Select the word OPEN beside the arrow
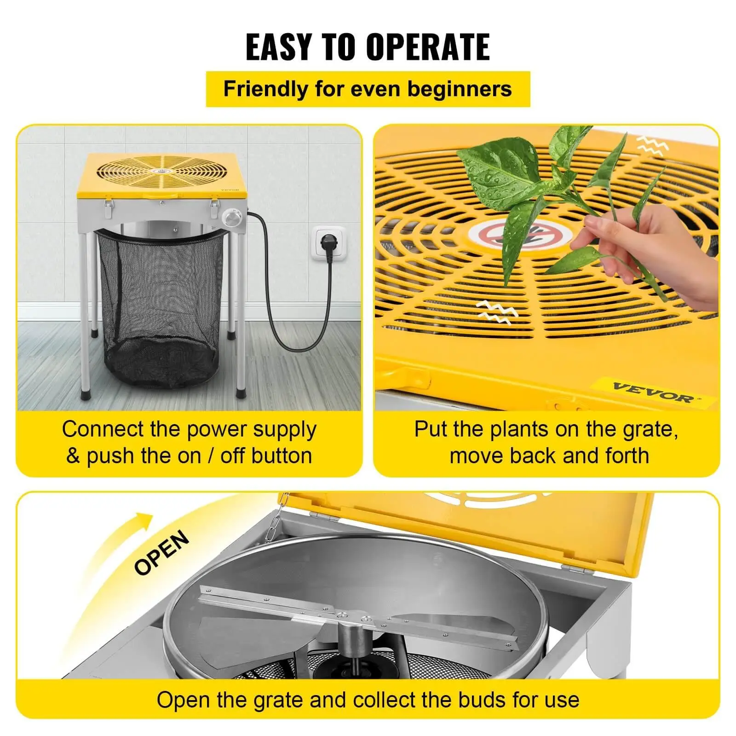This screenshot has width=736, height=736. click(x=161, y=552)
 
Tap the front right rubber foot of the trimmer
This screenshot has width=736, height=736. click(x=241, y=393)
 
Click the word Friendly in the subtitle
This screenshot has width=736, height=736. click(x=266, y=89)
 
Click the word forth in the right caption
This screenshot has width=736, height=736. click(x=627, y=456)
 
